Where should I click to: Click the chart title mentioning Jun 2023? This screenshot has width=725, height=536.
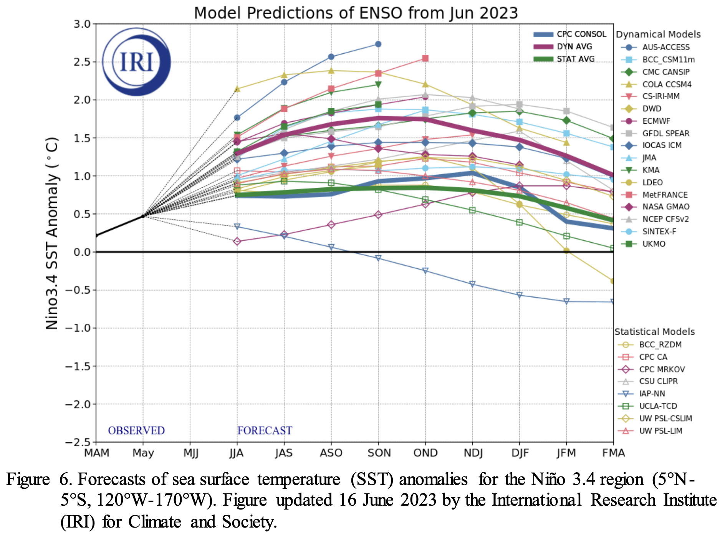356,13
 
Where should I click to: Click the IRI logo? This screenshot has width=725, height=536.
136,61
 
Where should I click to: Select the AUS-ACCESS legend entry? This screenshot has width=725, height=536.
665,47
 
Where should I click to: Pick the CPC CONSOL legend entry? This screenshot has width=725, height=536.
581,34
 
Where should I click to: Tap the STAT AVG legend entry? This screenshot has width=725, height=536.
575,59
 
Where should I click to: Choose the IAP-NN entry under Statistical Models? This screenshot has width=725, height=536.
652,394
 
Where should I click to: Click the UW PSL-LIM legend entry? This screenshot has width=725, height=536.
660,431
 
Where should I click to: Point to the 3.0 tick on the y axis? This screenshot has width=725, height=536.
82,24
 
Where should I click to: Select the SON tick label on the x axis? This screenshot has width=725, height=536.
379,453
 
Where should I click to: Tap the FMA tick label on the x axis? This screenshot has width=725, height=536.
613,453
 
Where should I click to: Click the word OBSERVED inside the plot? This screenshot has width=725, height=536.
136,430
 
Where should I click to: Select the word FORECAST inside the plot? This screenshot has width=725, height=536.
265,430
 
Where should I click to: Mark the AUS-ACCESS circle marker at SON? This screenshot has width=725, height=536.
378,44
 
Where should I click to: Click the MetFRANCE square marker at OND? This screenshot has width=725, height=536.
425,58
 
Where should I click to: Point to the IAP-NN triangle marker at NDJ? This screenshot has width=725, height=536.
472,284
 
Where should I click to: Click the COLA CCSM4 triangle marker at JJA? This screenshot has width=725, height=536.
237,89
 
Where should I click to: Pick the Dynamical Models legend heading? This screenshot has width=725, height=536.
658,35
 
